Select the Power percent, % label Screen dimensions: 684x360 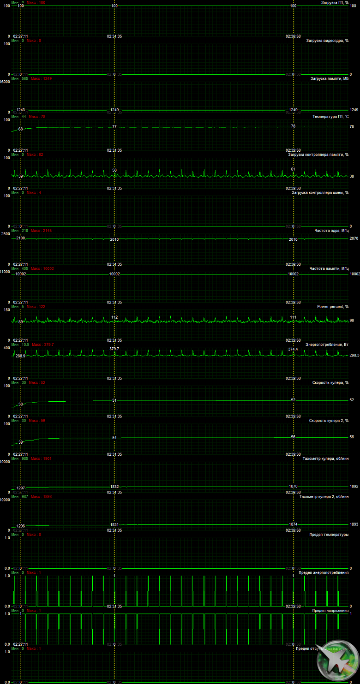coord(333,307)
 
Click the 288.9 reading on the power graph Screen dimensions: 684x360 coord(20,356)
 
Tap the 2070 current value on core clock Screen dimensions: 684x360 coord(354,238)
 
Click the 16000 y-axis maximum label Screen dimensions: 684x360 coord(5,82)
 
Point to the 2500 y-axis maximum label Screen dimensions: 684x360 coord(6,234)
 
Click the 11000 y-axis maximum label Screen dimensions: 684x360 coord(5,272)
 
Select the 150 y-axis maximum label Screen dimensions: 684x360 coord(6,309)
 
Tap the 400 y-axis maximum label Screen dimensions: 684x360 coord(6,348)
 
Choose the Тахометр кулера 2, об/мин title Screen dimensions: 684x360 coord(324,497)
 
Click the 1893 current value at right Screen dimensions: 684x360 coord(354,524)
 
